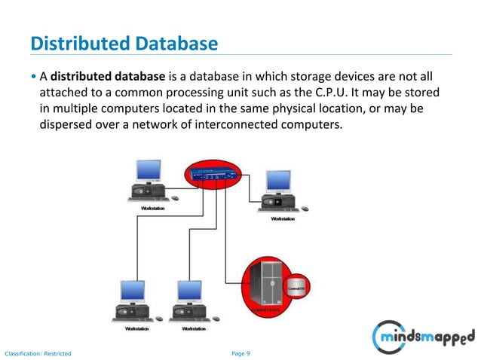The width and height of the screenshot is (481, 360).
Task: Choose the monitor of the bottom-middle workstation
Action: [x=188, y=291]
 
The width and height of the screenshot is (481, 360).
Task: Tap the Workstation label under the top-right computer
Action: [x=283, y=218]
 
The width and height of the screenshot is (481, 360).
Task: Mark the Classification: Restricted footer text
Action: [x=38, y=352]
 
